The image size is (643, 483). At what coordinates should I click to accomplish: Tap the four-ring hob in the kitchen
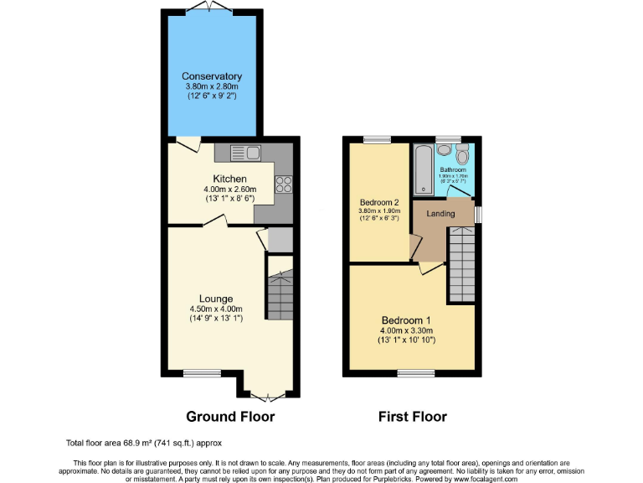(x=283, y=183)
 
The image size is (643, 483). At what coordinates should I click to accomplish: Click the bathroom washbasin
(x=445, y=149)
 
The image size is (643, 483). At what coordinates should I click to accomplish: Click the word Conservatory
(x=212, y=77)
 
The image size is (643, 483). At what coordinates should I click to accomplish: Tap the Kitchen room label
(x=229, y=179)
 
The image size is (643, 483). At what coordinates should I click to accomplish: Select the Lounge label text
(x=216, y=299)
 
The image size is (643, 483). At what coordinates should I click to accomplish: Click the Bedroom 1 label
(x=407, y=320)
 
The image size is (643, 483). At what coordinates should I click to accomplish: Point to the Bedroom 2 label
(x=378, y=203)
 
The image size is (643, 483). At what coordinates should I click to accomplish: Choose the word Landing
(x=441, y=214)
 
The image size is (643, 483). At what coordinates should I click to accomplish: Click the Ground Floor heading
(x=230, y=417)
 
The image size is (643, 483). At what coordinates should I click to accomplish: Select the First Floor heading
(x=413, y=417)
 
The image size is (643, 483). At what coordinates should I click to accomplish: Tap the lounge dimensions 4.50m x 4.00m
(x=216, y=309)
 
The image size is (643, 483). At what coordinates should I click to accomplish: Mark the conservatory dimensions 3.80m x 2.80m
(x=212, y=86)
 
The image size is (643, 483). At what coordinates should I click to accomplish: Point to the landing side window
(x=479, y=215)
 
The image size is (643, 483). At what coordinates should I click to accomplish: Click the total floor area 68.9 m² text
(x=143, y=442)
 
